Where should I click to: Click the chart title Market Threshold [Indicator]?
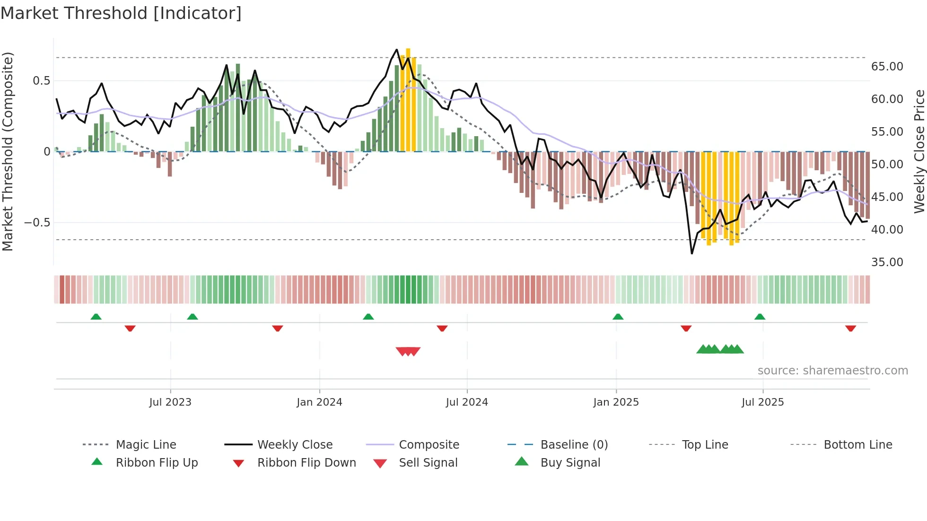coord(121,13)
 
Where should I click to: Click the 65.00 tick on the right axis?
coord(887,67)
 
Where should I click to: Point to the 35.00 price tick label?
coord(887,262)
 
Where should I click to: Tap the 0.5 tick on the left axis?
coord(41,81)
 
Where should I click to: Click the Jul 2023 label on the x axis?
coord(170,402)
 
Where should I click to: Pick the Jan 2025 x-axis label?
coord(616,402)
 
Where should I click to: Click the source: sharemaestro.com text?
coord(832,371)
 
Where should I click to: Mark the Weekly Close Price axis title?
coord(919,151)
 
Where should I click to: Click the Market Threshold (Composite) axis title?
coord(8,151)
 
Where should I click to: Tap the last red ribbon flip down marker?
coord(850,328)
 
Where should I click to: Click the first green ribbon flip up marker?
coord(96,316)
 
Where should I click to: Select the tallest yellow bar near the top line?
coord(408,99)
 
